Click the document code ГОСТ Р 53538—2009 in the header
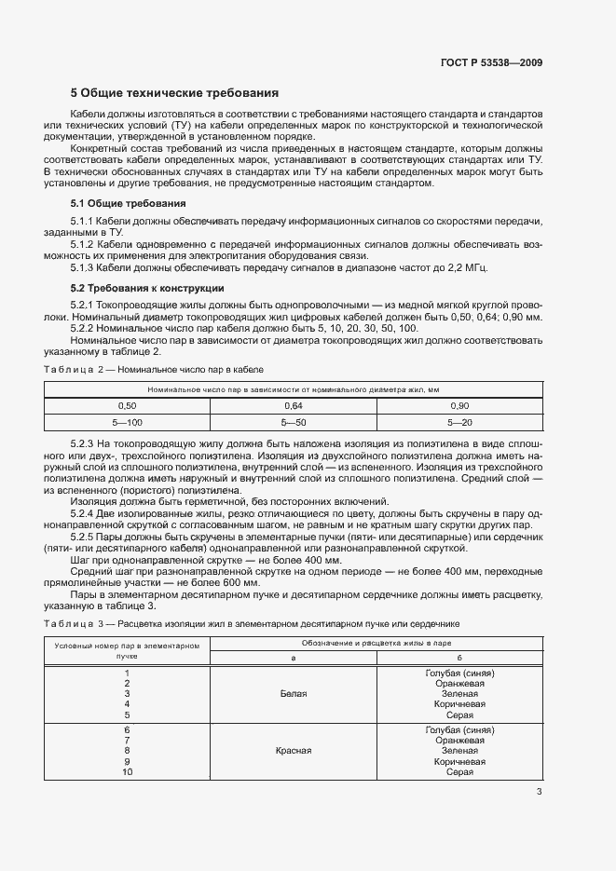point(491,63)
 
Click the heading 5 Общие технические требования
point(174,94)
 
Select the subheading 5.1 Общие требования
point(128,203)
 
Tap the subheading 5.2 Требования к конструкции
point(147,288)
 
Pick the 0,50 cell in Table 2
point(127,406)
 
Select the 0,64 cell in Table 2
point(294,406)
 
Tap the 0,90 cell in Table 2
point(459,406)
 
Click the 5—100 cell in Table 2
point(127,422)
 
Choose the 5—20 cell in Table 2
point(459,422)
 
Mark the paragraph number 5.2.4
point(84,513)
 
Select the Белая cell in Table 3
point(294,694)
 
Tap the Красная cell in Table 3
point(294,750)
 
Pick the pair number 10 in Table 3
point(128,772)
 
